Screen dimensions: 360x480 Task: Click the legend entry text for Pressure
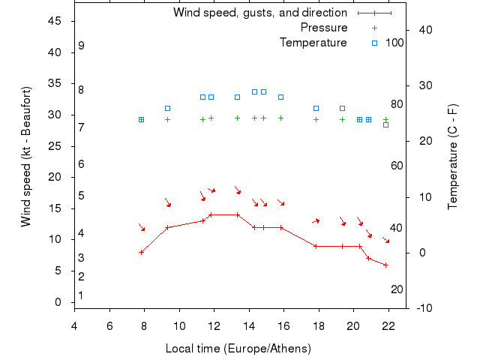[324, 28]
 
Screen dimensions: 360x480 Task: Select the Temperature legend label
[313, 43]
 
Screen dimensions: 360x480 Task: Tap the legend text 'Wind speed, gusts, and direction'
[260, 13]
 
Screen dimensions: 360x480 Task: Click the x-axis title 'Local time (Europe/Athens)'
[238, 349]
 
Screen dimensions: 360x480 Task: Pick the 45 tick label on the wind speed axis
[55, 21]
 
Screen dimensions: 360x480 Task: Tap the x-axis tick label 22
[388, 324]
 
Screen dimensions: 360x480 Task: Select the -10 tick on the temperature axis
[423, 308]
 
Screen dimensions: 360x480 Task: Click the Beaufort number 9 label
[81, 46]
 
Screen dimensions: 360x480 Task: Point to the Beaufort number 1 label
[81, 295]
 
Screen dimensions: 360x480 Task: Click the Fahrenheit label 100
[394, 43]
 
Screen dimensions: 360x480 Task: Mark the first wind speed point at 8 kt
[141, 252]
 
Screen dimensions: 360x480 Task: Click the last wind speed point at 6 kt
[385, 265]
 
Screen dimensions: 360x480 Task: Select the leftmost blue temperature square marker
[141, 119]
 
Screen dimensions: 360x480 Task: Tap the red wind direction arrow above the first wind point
[142, 226]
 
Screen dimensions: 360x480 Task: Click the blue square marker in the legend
[374, 43]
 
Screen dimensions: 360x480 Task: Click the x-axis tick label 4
[74, 324]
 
